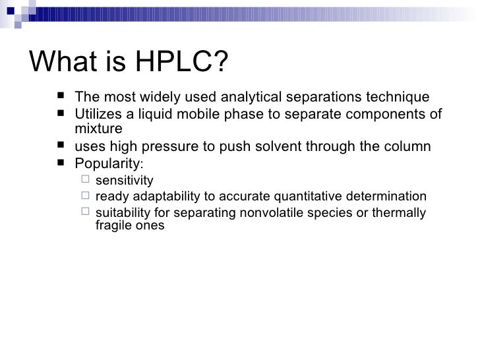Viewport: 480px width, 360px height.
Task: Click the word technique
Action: pos(399,98)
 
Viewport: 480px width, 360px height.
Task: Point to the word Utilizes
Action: pos(98,113)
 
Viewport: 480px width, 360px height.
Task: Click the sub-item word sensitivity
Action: pos(125,181)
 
